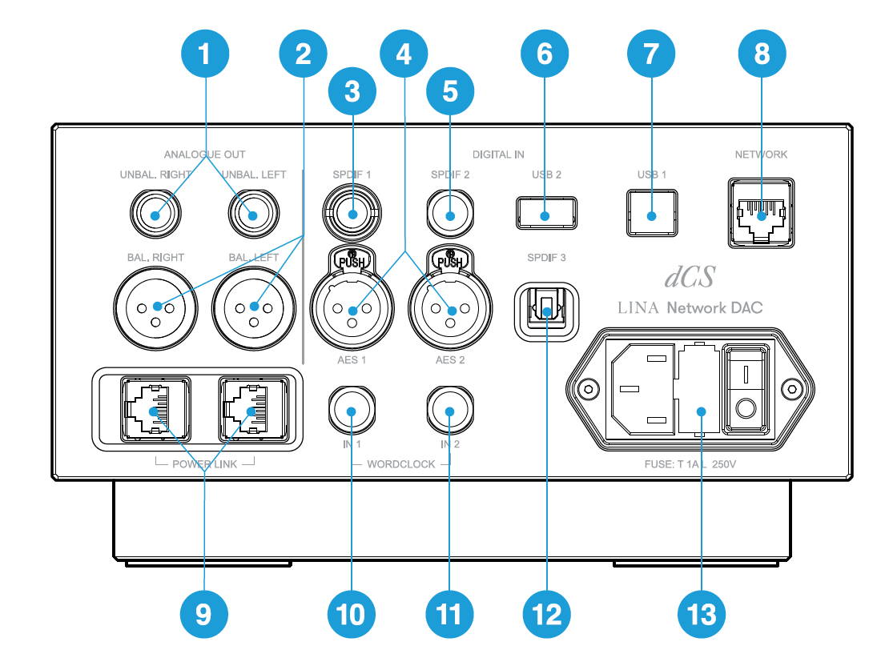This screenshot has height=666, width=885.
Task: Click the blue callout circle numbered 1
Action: pos(204,54)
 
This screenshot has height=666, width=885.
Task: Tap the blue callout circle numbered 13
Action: pos(702,614)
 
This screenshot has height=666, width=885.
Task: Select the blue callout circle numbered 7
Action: pos(651,54)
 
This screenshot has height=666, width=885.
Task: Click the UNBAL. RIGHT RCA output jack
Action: pos(156,215)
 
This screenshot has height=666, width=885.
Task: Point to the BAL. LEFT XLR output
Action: pos(254,307)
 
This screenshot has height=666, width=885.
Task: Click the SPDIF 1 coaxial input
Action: pos(352,214)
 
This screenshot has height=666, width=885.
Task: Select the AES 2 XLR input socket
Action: pos(450,308)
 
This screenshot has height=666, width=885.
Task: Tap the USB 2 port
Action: pos(546,213)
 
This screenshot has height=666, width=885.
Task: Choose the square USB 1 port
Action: pos(652,213)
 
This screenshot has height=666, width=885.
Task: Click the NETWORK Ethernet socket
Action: pos(762,213)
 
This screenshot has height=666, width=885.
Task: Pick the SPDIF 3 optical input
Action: pos(546,311)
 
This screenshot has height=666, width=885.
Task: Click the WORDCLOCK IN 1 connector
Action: pos(352,410)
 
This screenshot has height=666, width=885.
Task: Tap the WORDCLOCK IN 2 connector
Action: pos(450,410)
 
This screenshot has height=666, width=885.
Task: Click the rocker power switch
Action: pos(746,390)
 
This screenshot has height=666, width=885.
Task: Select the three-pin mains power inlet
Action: pos(643,389)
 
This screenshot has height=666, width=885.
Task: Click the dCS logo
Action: pos(690,276)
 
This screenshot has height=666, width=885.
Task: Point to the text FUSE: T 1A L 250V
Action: pos(690,464)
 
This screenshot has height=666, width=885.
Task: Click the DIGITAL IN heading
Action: pos(498,154)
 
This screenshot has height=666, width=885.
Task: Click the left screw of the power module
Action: pos(589,388)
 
